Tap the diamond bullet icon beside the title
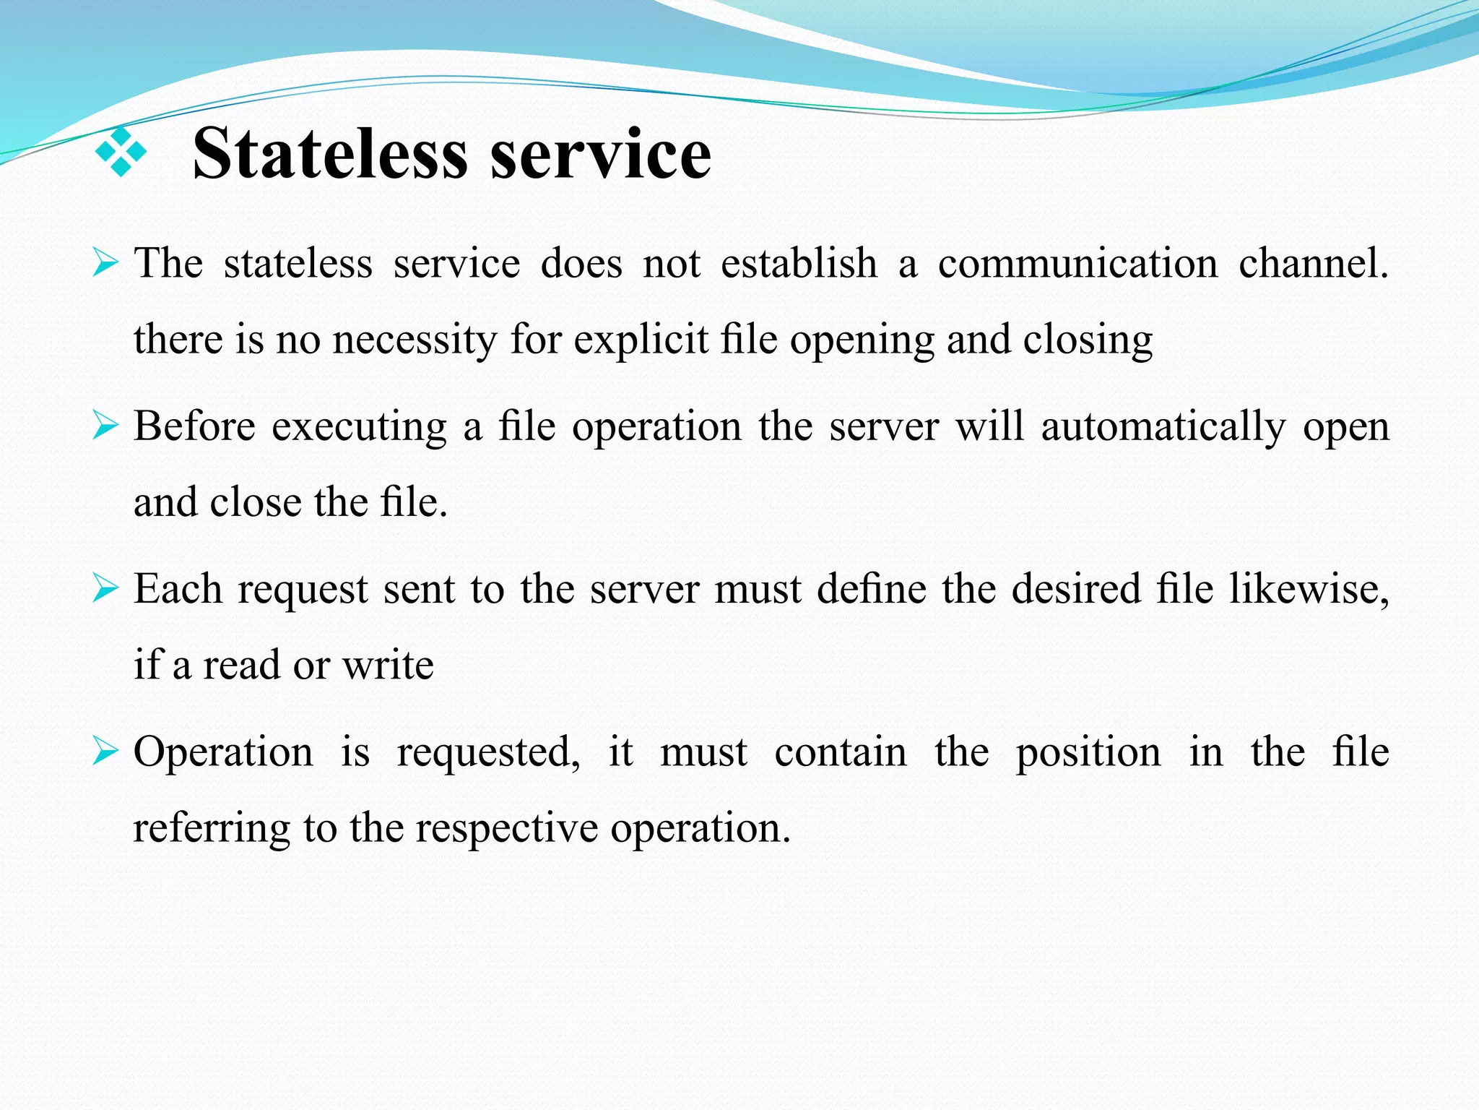coord(121,152)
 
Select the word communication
coord(1077,263)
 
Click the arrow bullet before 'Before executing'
coord(105,425)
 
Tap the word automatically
coord(1163,426)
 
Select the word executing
coord(359,426)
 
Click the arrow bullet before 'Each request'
coord(105,588)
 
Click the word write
coord(388,665)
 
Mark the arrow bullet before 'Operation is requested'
coord(105,751)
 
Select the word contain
coord(840,752)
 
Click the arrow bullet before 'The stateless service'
coord(105,262)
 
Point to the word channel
coord(1313,263)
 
